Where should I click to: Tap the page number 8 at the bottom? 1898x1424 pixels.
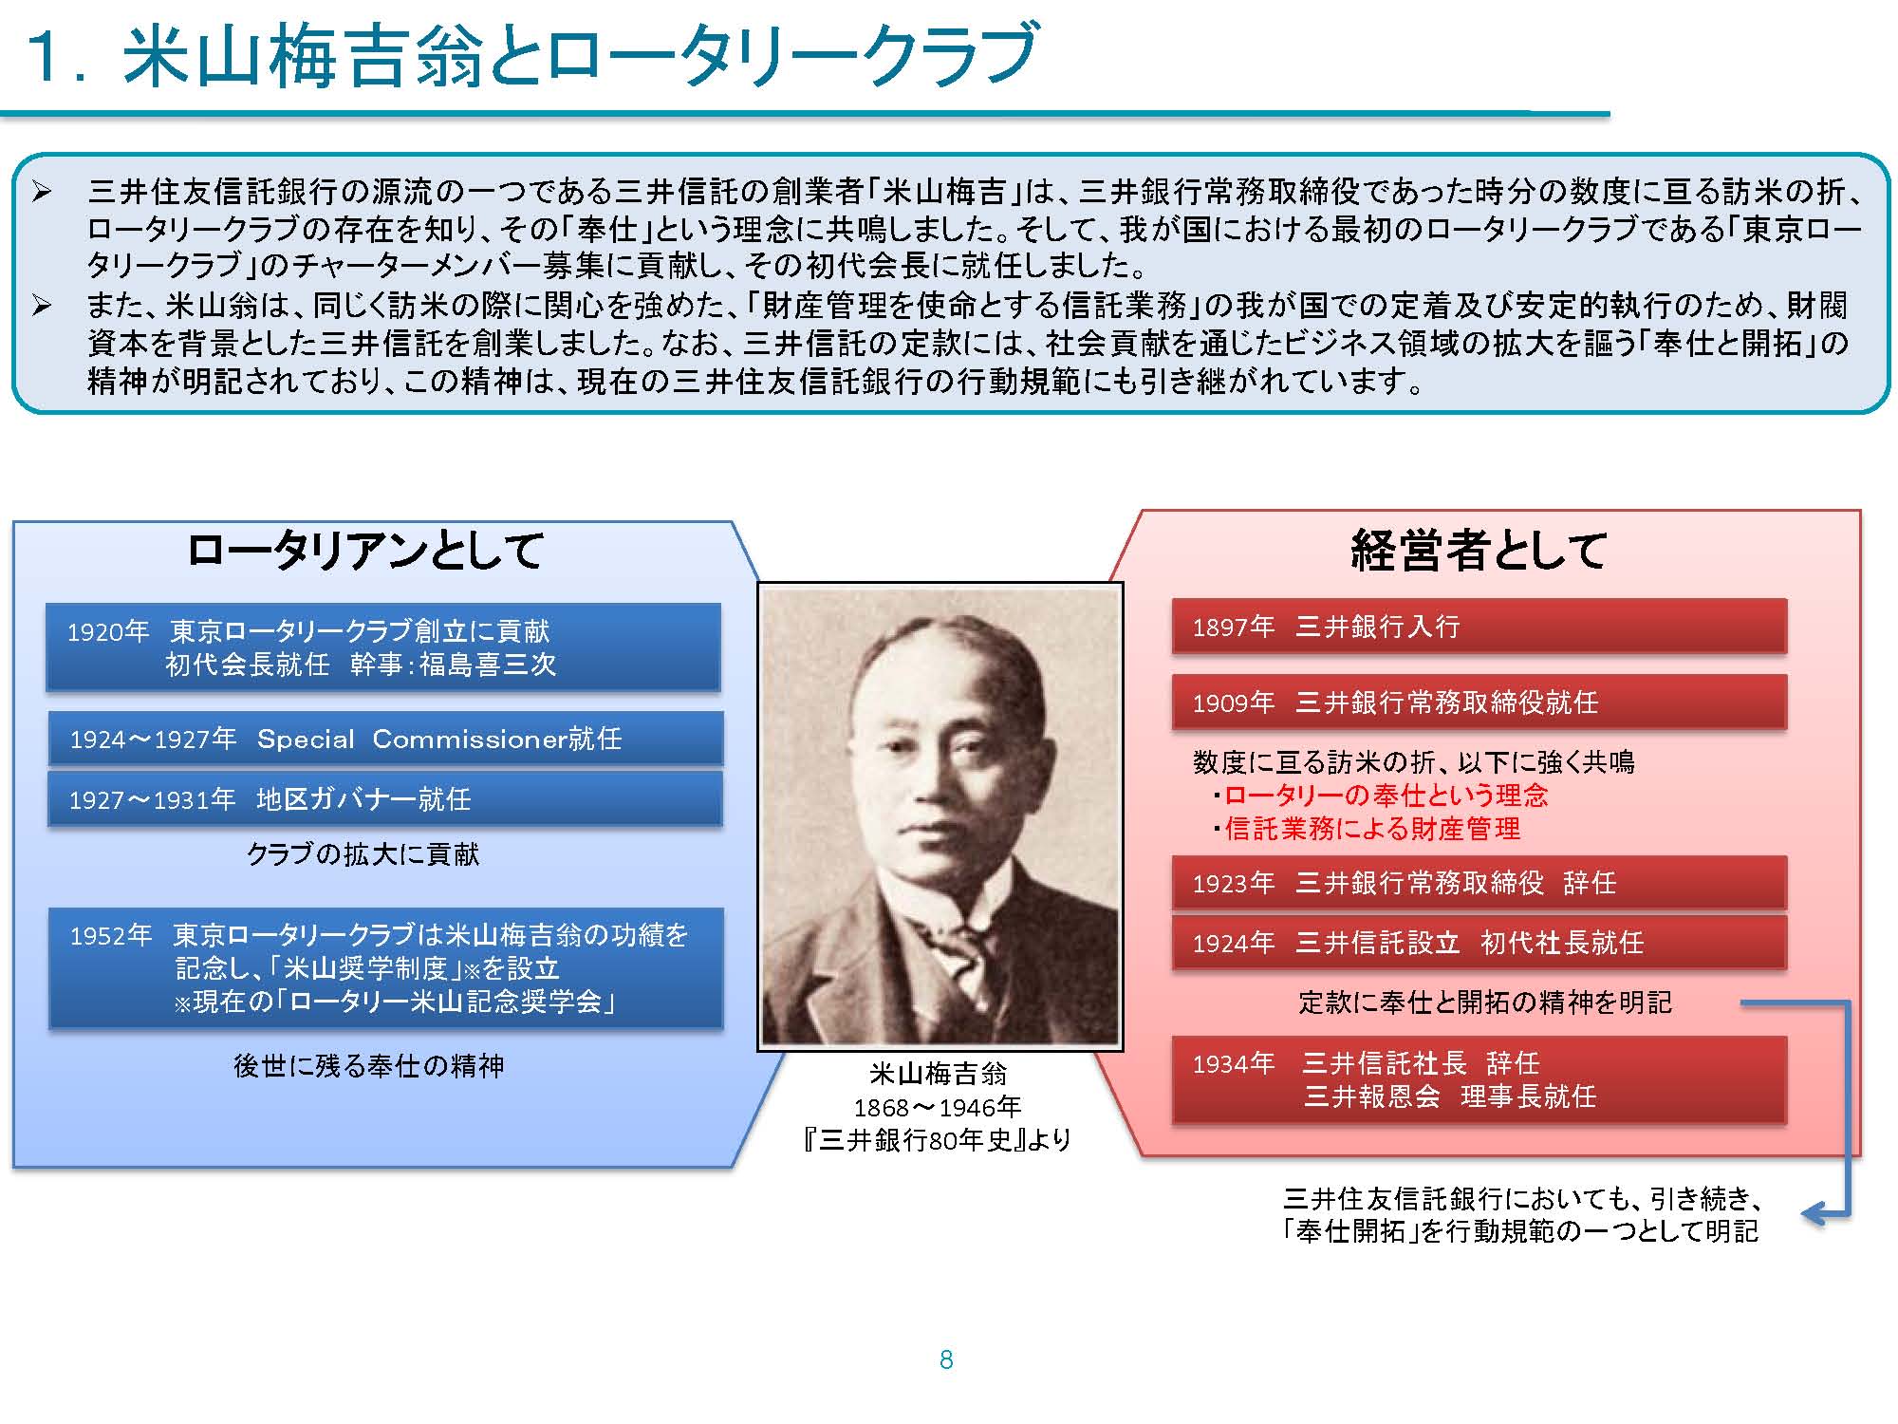946,1360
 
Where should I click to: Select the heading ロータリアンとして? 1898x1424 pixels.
365,551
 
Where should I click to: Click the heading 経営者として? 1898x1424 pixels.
1478,551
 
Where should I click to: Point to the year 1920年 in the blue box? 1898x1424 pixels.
108,632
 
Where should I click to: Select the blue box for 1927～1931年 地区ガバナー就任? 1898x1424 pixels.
385,799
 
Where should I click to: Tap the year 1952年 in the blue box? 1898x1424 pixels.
111,936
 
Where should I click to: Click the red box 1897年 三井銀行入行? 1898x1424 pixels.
1479,627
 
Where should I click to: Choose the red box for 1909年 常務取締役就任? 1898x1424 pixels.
1479,703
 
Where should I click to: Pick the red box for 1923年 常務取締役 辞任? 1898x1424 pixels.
1479,883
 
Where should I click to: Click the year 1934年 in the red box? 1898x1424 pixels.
1234,1064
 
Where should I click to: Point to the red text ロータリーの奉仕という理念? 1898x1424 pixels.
1386,796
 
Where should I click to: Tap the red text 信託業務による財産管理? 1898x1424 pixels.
1372,829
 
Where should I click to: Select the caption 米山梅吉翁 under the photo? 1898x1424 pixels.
939,1074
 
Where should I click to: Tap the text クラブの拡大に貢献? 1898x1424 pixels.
363,854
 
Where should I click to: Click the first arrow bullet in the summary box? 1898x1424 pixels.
42,193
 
